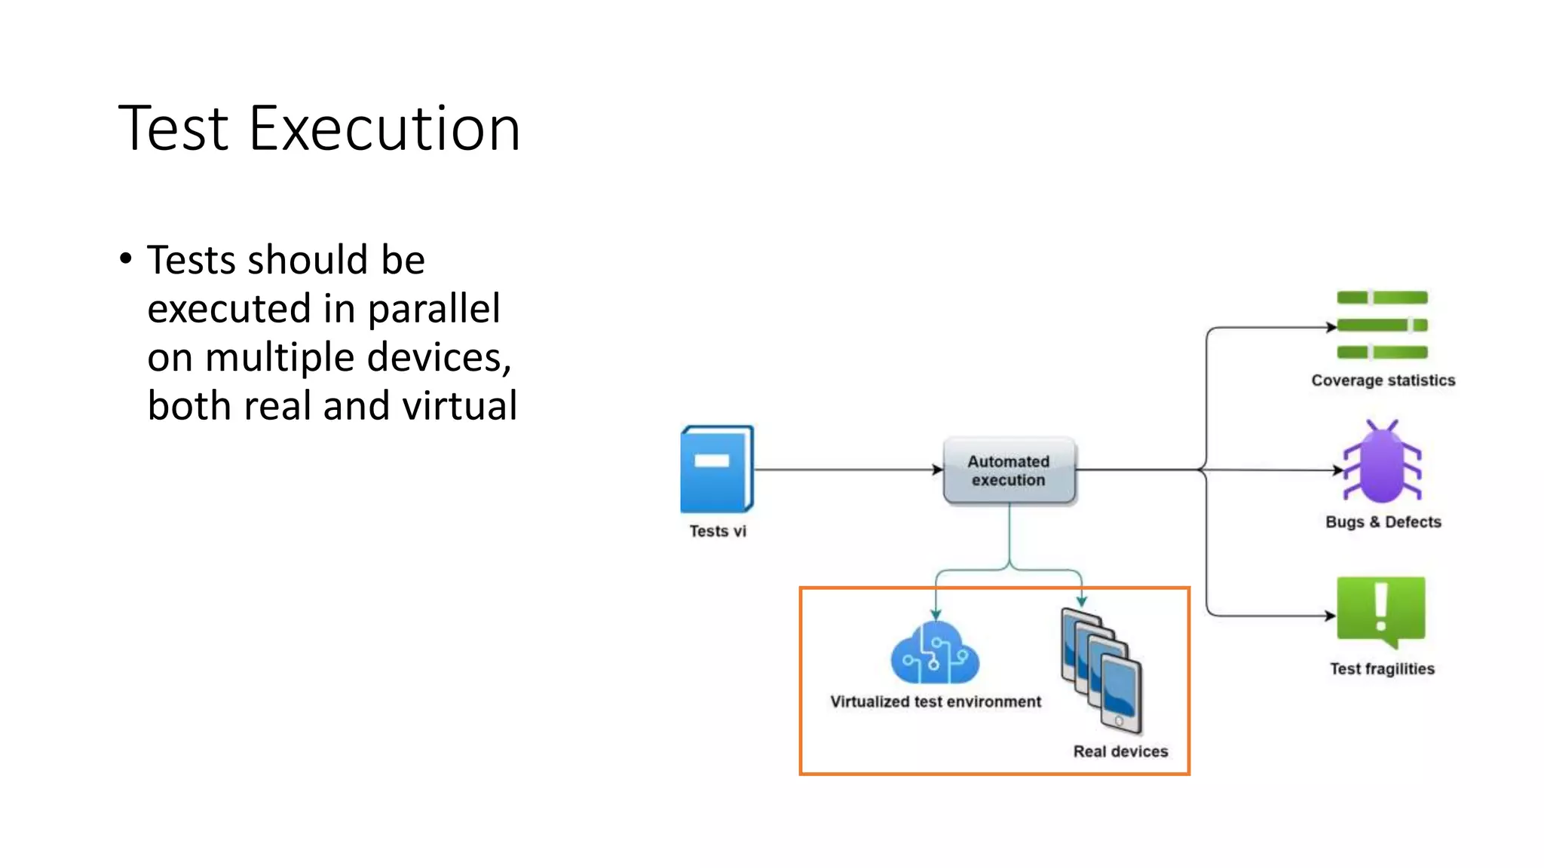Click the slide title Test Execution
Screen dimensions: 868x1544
pos(319,129)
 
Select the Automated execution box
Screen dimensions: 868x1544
pos(1009,471)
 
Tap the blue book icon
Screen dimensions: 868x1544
pos(716,469)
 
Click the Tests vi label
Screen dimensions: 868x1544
pos(718,531)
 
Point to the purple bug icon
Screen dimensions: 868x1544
pos(1382,462)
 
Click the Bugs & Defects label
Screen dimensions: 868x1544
pos(1383,522)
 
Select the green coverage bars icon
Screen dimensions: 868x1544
pos(1382,325)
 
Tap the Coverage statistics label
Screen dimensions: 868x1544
pos(1383,381)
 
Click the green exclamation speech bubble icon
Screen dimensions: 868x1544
pos(1381,611)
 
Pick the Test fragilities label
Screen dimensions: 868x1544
pos(1382,669)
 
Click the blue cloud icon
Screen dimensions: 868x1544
pos(935,654)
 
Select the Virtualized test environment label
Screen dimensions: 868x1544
pos(936,702)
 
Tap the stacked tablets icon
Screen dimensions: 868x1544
pos(1101,670)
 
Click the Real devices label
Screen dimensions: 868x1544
pos(1120,751)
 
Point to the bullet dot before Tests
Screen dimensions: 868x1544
pos(126,258)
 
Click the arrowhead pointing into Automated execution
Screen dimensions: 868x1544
pos(938,470)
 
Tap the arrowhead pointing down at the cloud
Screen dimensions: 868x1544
pos(936,615)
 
